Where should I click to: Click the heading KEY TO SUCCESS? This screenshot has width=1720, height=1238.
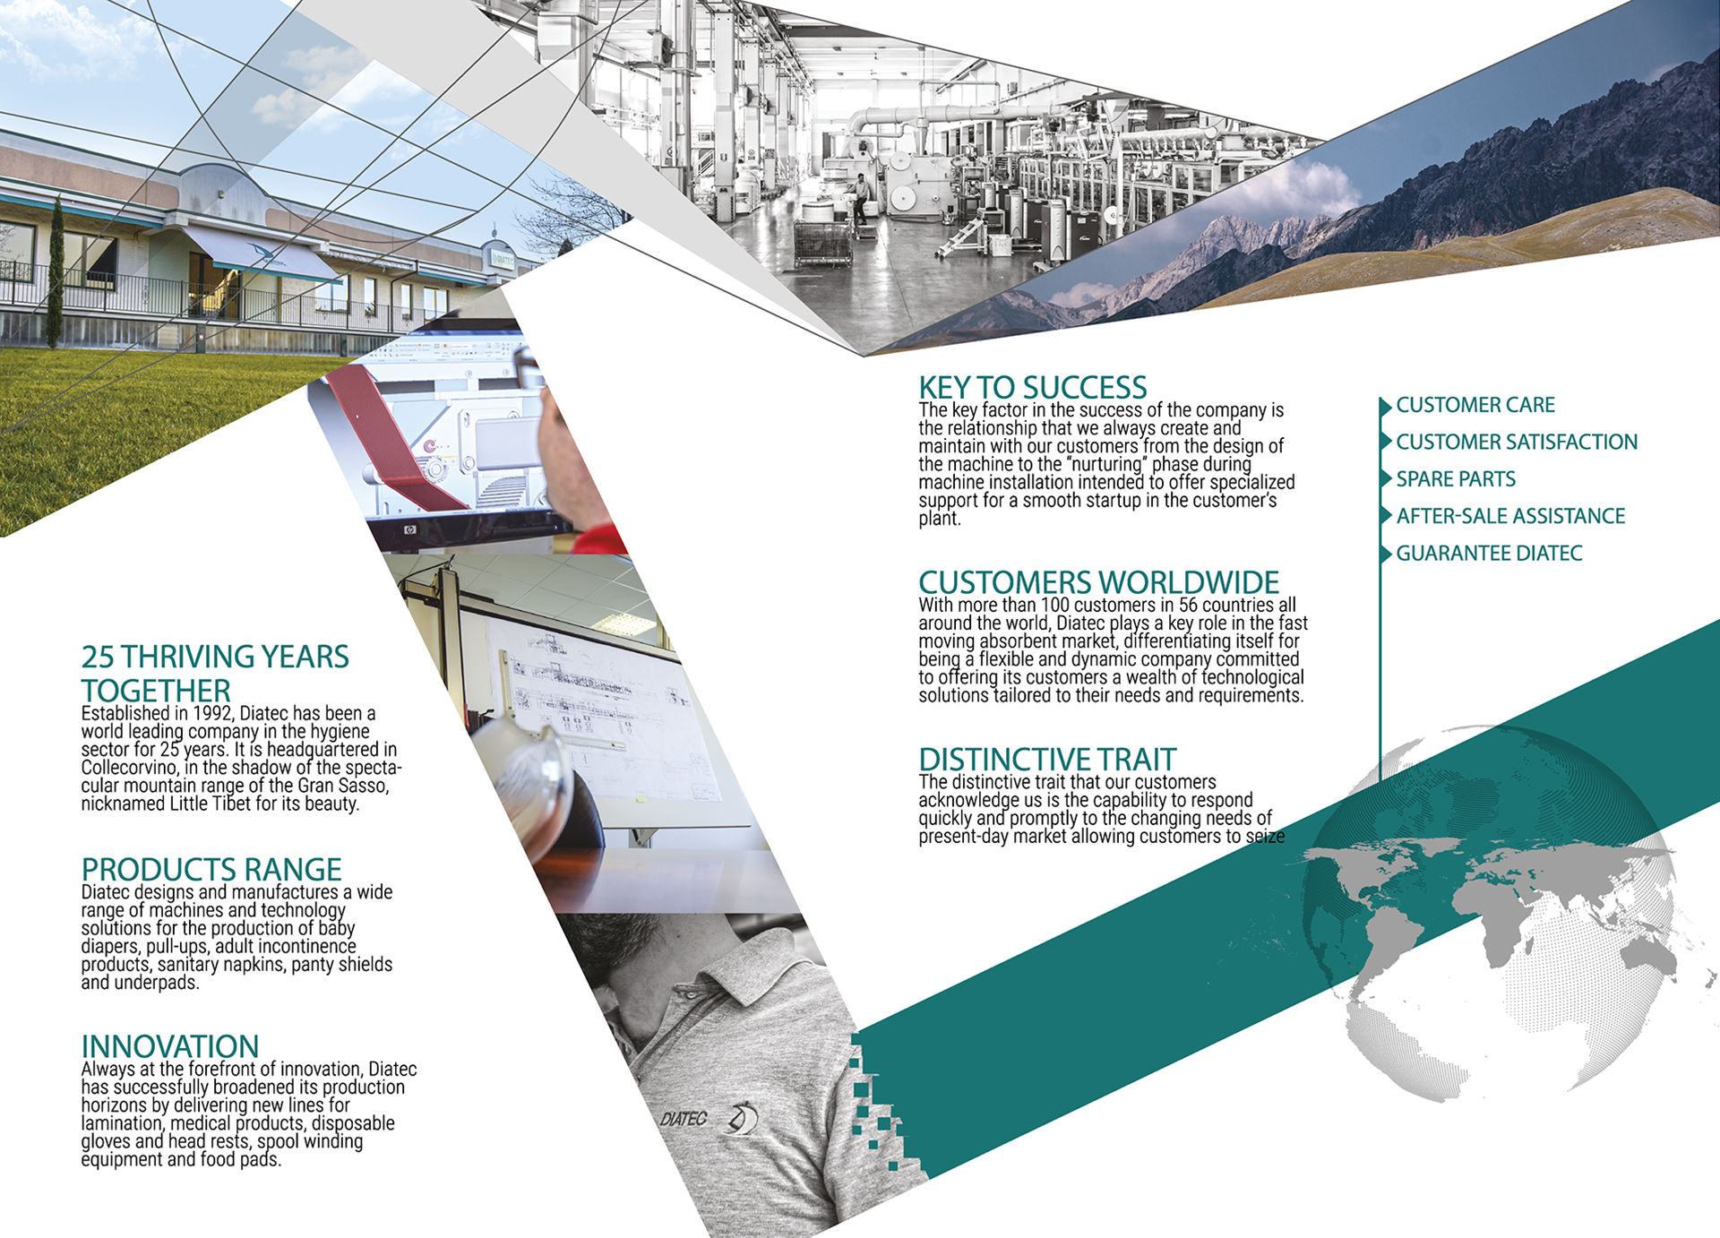click(1032, 388)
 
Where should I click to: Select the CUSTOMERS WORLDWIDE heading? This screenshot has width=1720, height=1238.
click(1098, 582)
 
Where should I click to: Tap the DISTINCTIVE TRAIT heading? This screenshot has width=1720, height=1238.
click(1047, 760)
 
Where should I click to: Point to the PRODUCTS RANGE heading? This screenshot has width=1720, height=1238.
click(211, 869)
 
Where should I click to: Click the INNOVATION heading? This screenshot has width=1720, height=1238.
click(170, 1046)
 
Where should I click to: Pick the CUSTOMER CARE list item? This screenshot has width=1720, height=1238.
click(1475, 405)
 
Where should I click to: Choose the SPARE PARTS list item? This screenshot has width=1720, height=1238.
click(1456, 479)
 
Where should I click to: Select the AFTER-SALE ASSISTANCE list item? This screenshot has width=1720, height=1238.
click(1510, 516)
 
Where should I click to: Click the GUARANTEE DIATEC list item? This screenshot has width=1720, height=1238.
click(1489, 554)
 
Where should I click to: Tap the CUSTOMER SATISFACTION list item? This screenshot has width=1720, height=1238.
click(1517, 442)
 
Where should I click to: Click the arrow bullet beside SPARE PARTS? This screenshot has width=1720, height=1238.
click(1386, 479)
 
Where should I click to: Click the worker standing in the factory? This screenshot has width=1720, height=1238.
click(861, 199)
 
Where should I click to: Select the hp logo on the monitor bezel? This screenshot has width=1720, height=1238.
click(409, 530)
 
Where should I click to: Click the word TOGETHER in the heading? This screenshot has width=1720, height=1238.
click(156, 691)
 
